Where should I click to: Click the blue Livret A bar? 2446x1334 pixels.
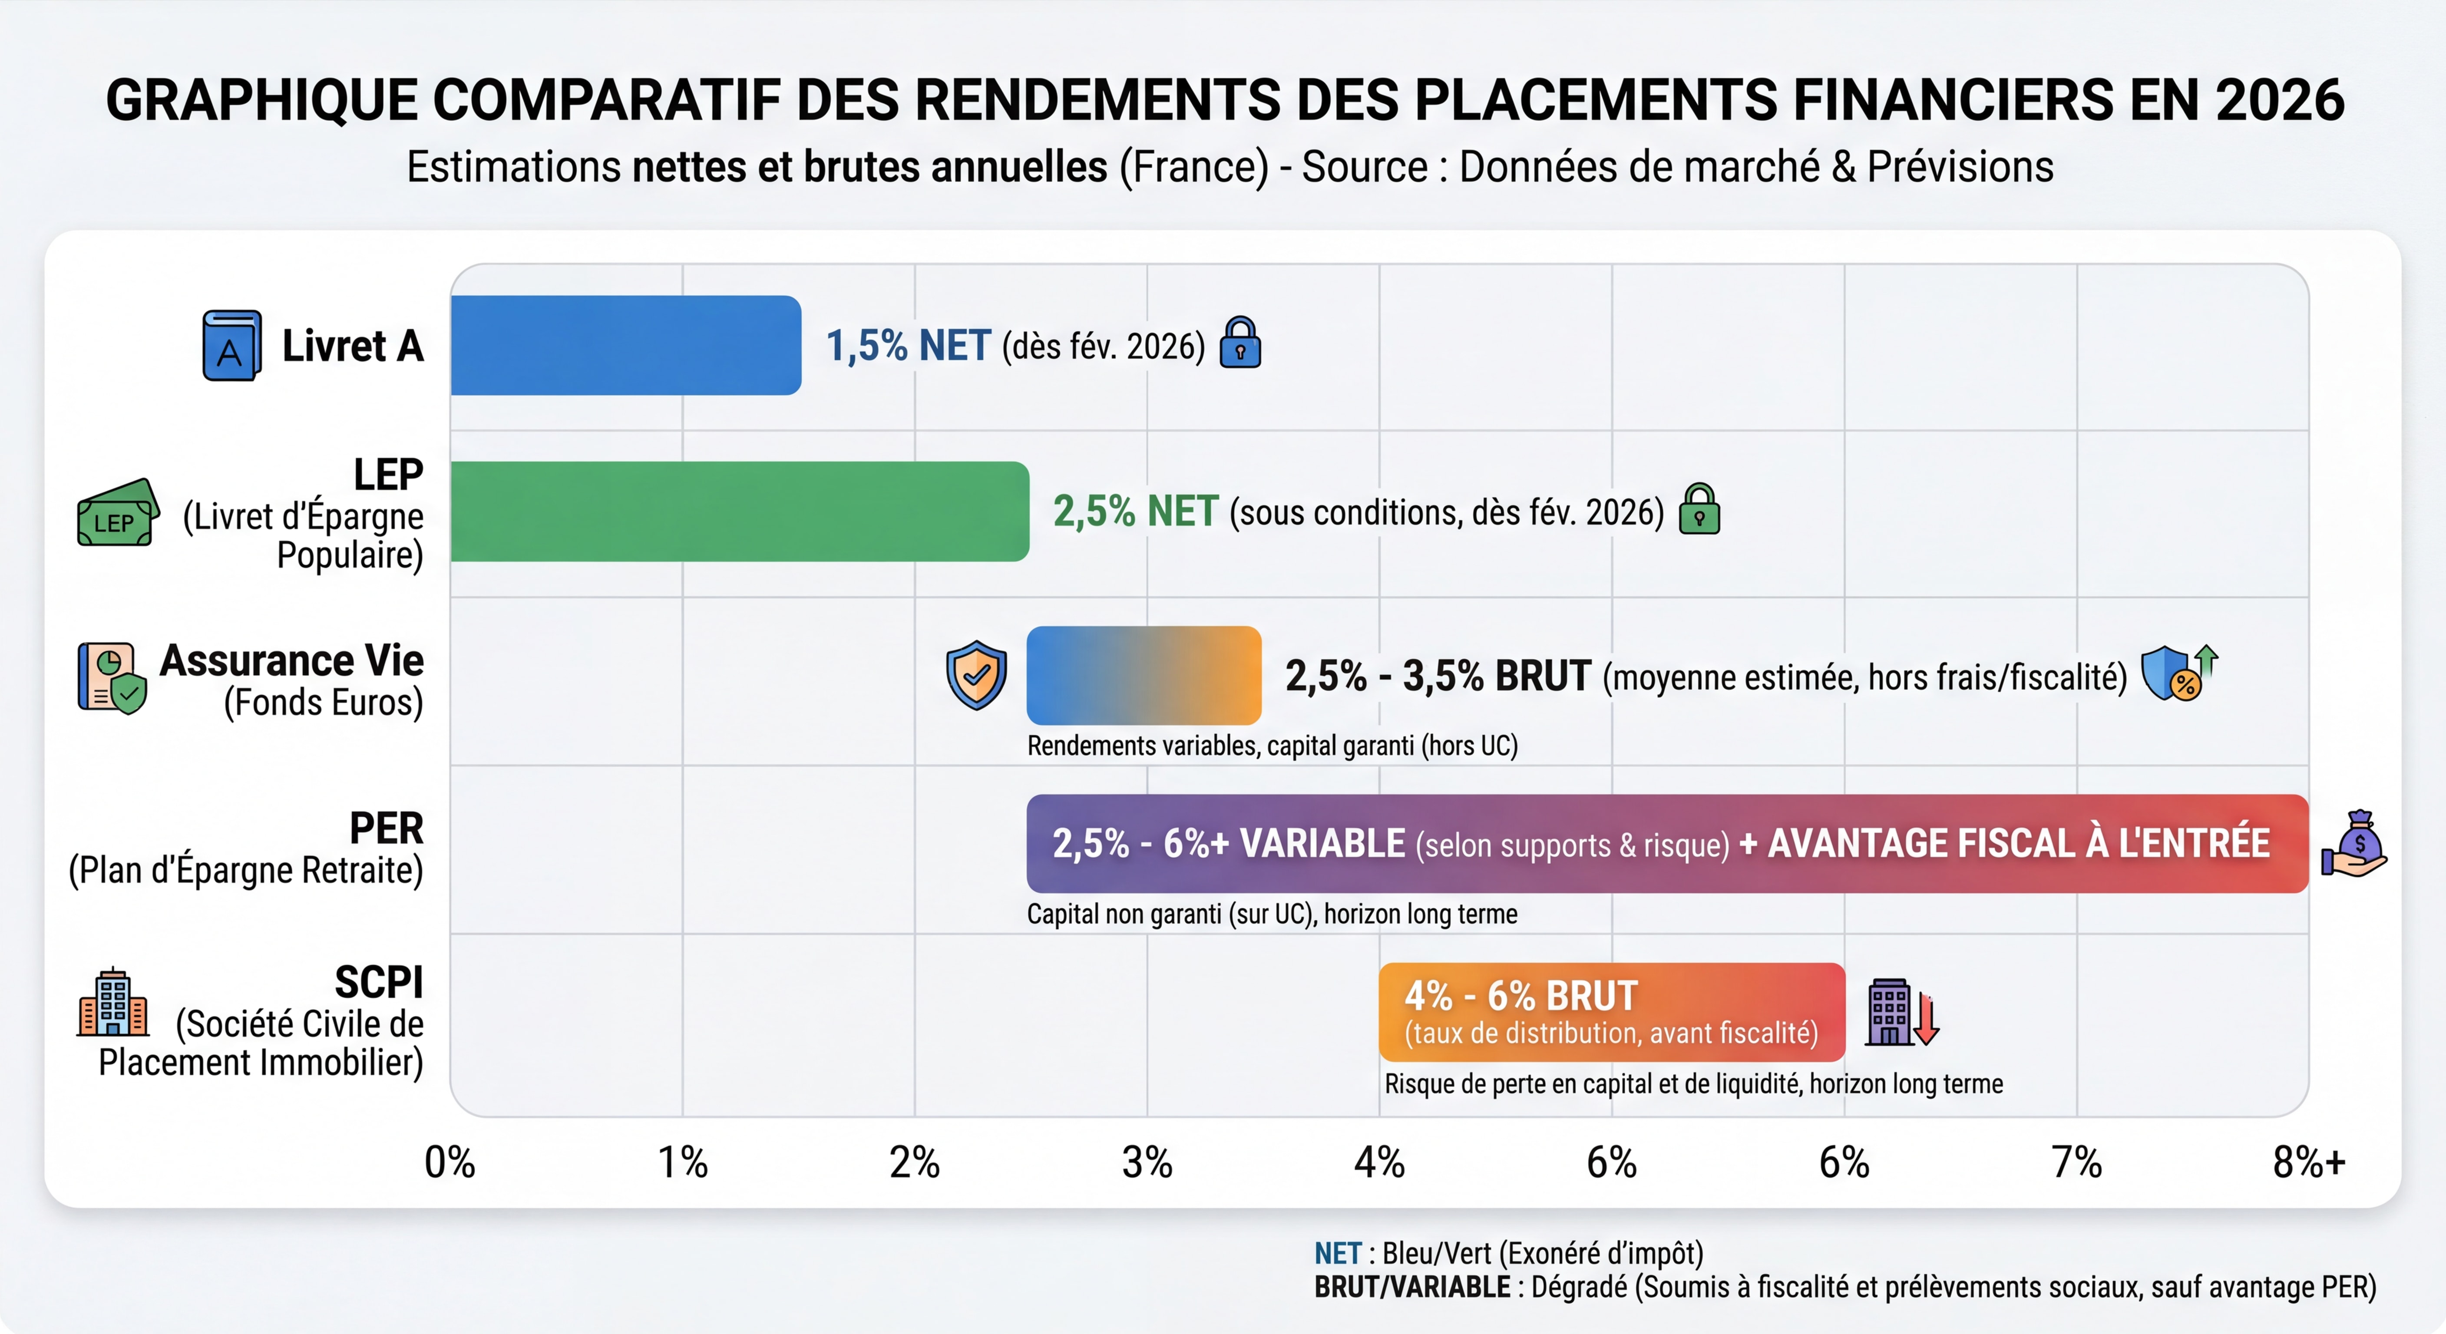click(625, 346)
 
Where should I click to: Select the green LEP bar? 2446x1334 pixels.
click(739, 512)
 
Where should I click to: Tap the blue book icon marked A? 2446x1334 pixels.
click(231, 346)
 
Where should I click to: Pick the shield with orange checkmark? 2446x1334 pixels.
click(976, 675)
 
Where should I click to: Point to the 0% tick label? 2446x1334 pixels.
click(450, 1162)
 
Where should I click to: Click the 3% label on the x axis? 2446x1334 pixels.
click(1147, 1162)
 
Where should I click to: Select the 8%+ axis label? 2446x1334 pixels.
click(2308, 1162)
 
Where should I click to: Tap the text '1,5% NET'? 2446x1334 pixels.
click(908, 346)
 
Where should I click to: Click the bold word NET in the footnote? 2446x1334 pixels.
click(1337, 1253)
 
